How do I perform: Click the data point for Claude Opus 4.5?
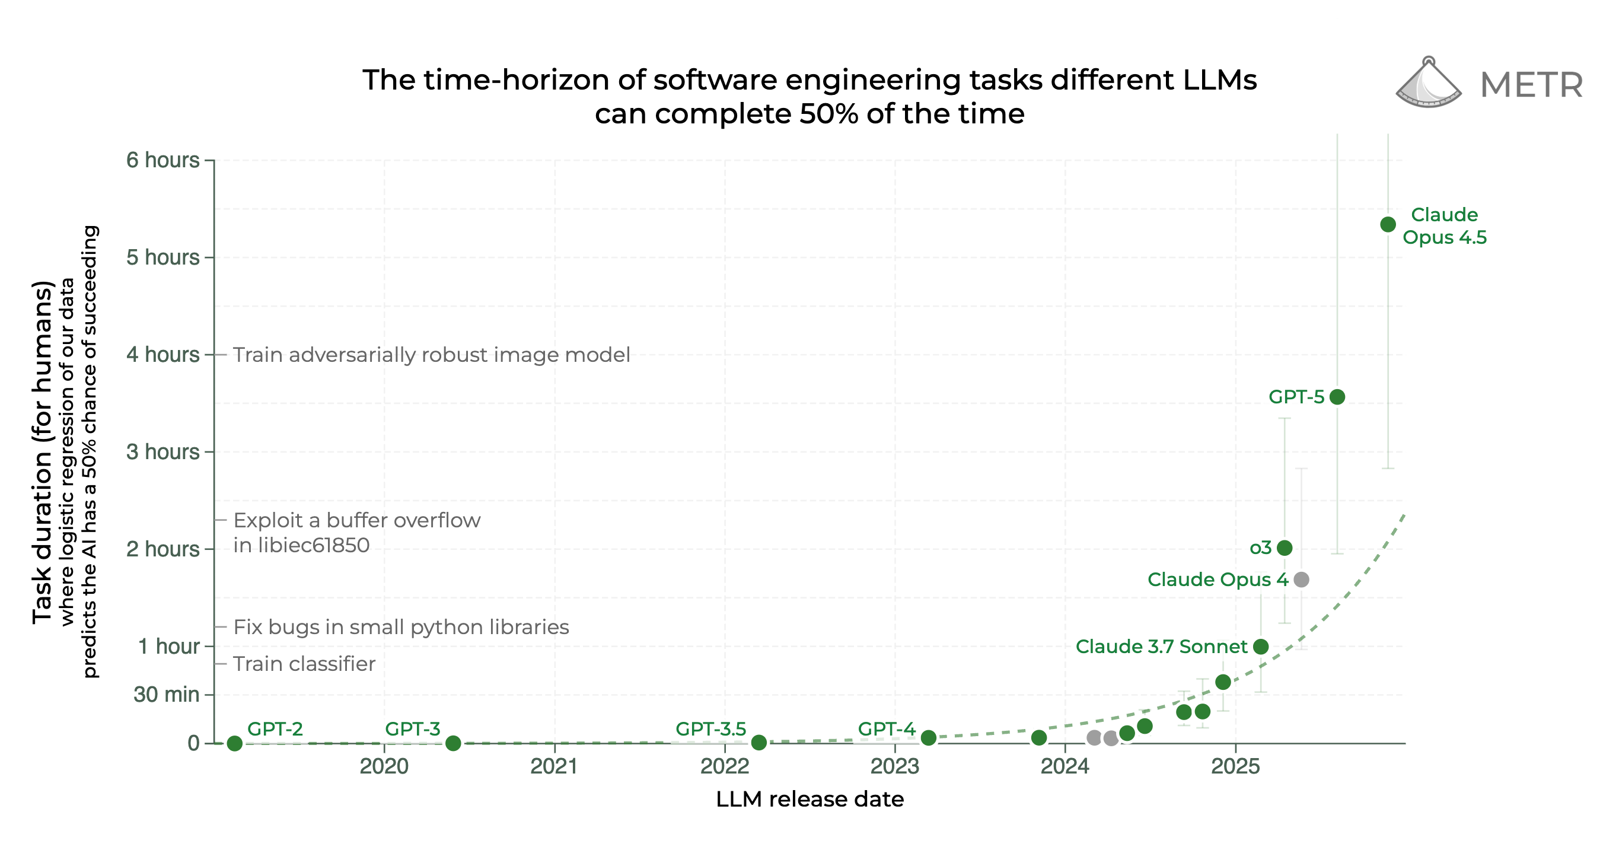coord(1388,224)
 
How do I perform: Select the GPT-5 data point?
coord(1337,397)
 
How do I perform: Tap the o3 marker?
coord(1285,548)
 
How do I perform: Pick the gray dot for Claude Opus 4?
coord(1301,579)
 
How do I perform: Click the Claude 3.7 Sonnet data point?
coord(1260,646)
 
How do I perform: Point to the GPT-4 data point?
coord(928,737)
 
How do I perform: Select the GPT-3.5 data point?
coord(758,742)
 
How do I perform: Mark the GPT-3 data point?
coord(452,743)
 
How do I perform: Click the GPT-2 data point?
coord(234,743)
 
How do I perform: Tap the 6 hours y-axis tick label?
coord(162,160)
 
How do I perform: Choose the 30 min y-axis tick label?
coord(166,695)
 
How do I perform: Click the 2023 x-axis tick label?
coord(894,766)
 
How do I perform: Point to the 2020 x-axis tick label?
coord(384,766)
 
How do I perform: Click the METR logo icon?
coord(1428,83)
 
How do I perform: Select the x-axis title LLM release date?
coord(809,799)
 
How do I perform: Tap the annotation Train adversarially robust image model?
coord(431,355)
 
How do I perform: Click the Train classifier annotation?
coord(304,664)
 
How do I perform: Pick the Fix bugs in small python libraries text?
coord(401,627)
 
